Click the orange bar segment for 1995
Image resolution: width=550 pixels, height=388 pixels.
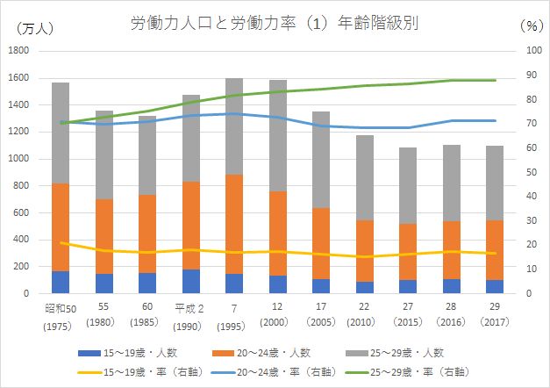234,224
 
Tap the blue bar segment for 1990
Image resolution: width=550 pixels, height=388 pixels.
191,281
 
